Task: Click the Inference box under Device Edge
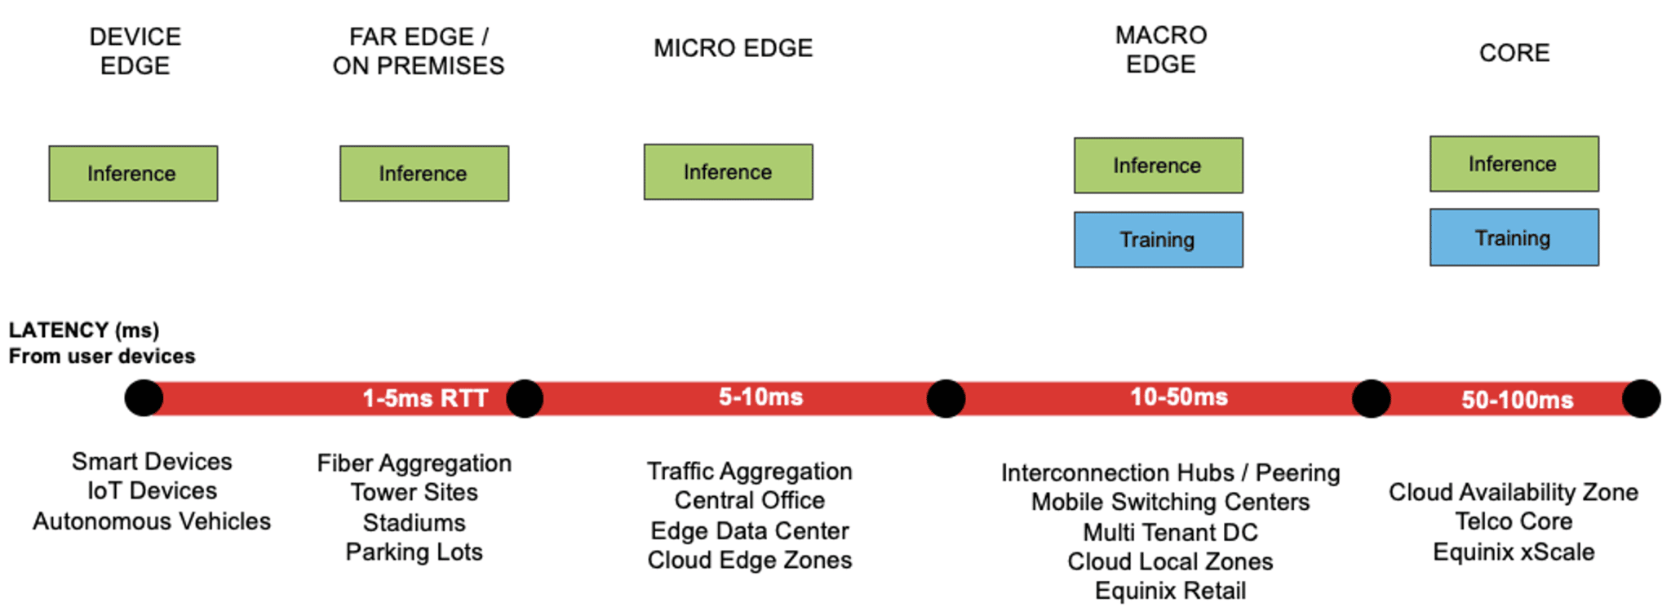pyautogui.click(x=133, y=174)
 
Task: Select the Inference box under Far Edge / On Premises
pyautogui.click(x=424, y=174)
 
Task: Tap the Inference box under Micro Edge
pyautogui.click(x=728, y=172)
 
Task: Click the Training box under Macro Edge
pyautogui.click(x=1158, y=240)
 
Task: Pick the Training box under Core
pyautogui.click(x=1514, y=237)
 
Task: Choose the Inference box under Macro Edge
pyautogui.click(x=1158, y=166)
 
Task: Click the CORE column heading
pyautogui.click(x=1514, y=53)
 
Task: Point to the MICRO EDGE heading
pyautogui.click(x=733, y=48)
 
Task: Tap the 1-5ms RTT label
pyautogui.click(x=425, y=398)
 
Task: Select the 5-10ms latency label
pyautogui.click(x=760, y=397)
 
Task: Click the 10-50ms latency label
pyautogui.click(x=1178, y=397)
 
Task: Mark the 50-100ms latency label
pyautogui.click(x=1517, y=400)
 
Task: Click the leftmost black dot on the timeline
pyautogui.click(x=144, y=398)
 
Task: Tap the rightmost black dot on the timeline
pyautogui.click(x=1641, y=399)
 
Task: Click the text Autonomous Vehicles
pyautogui.click(x=152, y=521)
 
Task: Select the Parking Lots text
pyautogui.click(x=414, y=552)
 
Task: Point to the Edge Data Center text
pyautogui.click(x=749, y=531)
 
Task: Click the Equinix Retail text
pyautogui.click(x=1170, y=591)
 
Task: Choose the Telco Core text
pyautogui.click(x=1514, y=521)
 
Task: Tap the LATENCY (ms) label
pyautogui.click(x=84, y=330)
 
